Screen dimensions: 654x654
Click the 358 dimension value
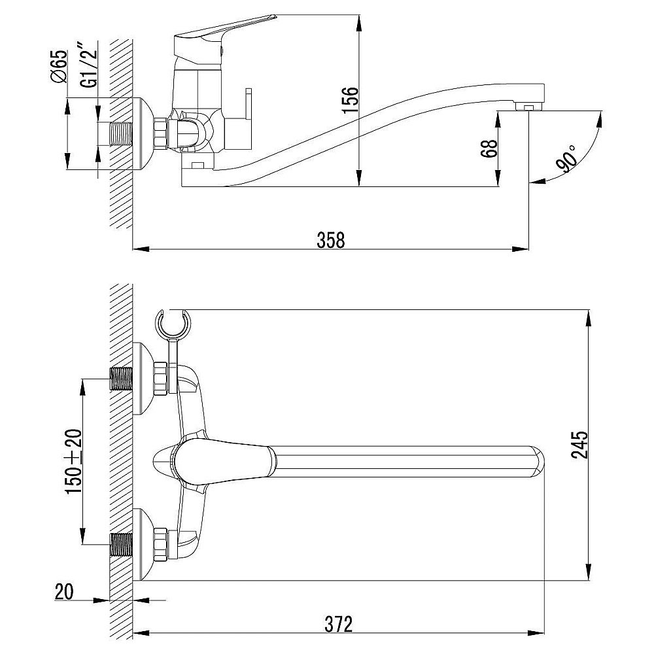(x=331, y=240)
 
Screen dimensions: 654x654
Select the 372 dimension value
(x=338, y=625)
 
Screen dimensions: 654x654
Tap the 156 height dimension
(x=349, y=99)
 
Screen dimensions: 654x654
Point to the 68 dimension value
(x=489, y=148)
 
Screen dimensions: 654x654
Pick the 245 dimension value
(x=579, y=445)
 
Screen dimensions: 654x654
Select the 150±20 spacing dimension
(x=73, y=461)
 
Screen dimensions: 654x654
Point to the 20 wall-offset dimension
(x=64, y=591)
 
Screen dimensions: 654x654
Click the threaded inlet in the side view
(x=122, y=133)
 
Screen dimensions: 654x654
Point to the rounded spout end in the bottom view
(x=538, y=461)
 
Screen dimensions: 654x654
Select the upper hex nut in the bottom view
(x=161, y=379)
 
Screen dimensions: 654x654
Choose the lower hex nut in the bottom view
(x=161, y=544)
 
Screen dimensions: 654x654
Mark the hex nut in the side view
(x=161, y=133)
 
